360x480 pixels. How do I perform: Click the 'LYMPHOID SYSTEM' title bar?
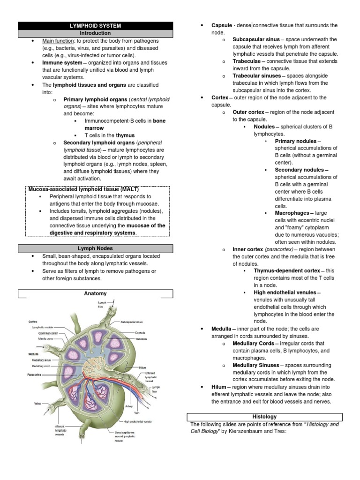point(95,26)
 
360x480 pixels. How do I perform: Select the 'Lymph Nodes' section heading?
point(95,248)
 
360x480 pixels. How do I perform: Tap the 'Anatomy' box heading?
point(95,294)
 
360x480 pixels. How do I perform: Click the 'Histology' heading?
point(264,417)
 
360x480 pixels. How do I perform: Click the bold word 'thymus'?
point(125,135)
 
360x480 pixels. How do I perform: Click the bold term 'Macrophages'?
point(292,213)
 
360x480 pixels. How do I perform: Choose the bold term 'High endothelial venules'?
point(285,293)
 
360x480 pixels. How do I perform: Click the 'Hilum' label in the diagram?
point(143,368)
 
